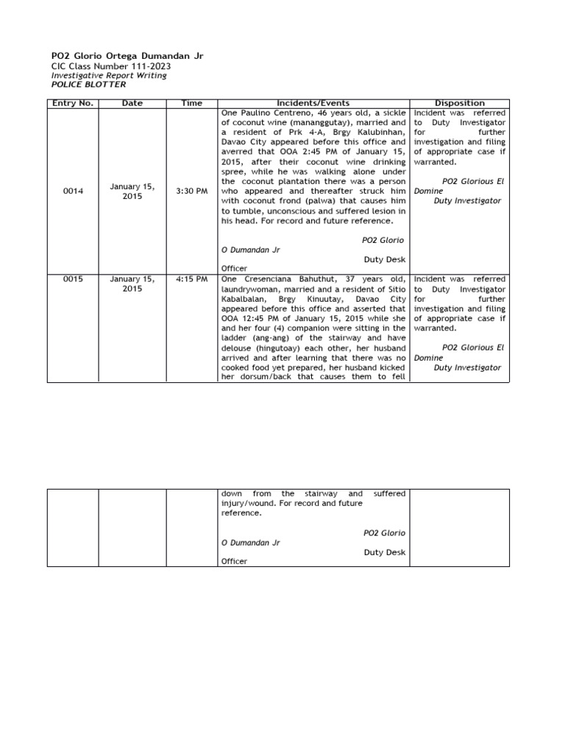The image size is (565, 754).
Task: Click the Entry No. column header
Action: (x=73, y=103)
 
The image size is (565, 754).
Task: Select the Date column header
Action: (x=132, y=103)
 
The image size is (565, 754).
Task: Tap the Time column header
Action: (x=191, y=103)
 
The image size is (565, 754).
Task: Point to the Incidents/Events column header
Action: (x=313, y=103)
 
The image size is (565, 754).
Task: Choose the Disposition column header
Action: (x=460, y=103)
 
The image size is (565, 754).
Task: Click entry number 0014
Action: (x=73, y=191)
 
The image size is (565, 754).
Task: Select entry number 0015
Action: (x=73, y=280)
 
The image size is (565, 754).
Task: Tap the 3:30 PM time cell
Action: (x=191, y=191)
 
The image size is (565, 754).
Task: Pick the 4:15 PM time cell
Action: (x=191, y=280)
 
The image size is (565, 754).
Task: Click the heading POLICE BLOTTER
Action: (x=88, y=85)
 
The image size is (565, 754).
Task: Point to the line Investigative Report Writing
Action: (x=109, y=75)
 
